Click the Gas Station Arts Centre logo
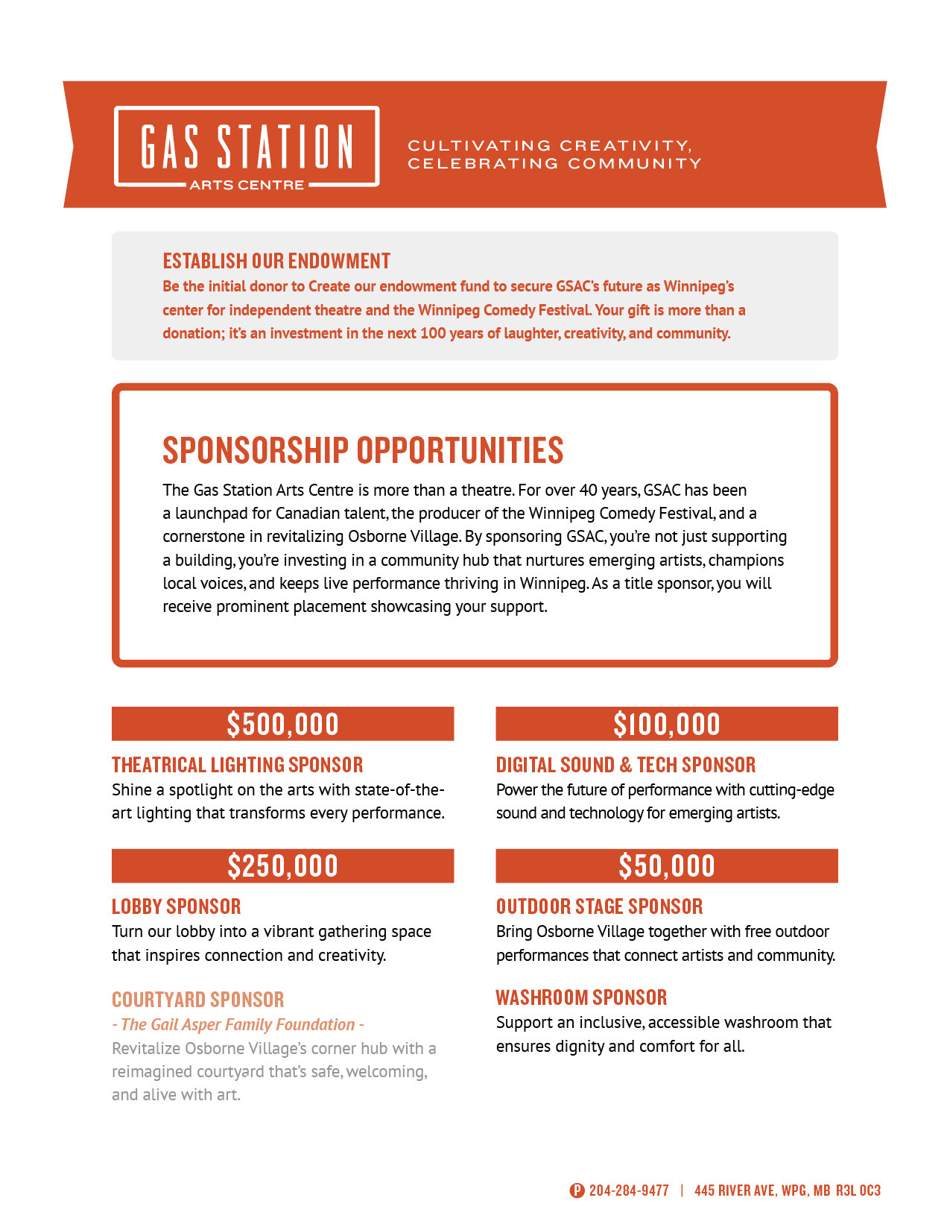[x=247, y=146]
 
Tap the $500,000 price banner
[x=282, y=724]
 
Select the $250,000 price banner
[x=282, y=865]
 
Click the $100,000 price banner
[x=666, y=724]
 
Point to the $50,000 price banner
[x=666, y=865]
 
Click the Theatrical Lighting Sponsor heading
[x=237, y=765]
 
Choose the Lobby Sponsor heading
[x=176, y=906]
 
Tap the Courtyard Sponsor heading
[x=197, y=1000]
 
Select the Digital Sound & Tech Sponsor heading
[x=625, y=765]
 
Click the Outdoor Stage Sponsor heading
[x=599, y=906]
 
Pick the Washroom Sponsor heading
[x=581, y=997]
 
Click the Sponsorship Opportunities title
[x=363, y=450]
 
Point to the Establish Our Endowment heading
[x=276, y=261]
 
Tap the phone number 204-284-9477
[x=629, y=1190]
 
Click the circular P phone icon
[x=577, y=1190]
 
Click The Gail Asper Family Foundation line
[x=238, y=1024]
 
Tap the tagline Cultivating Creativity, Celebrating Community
[x=554, y=154]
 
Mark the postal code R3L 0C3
[x=858, y=1190]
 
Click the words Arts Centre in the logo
[x=247, y=185]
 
